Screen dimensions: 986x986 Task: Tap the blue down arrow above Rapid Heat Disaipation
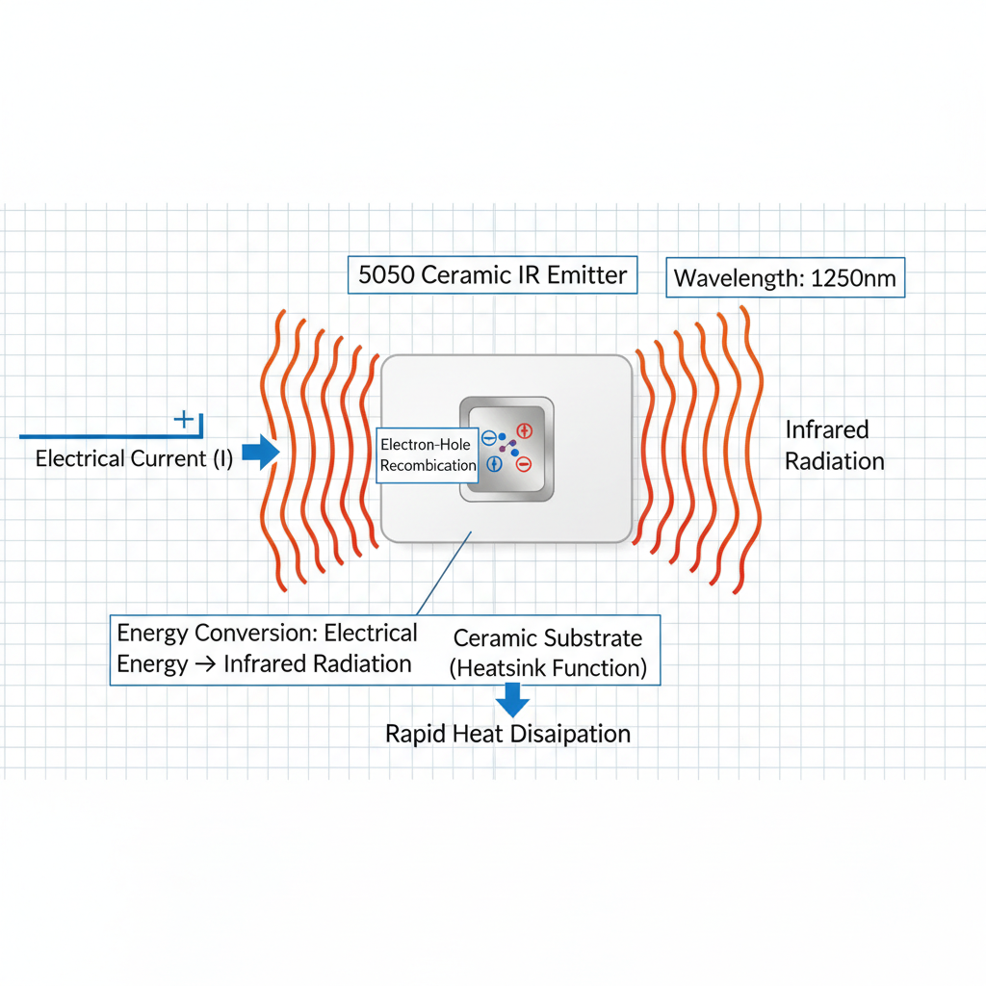(x=511, y=698)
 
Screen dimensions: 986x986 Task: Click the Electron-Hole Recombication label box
(x=428, y=454)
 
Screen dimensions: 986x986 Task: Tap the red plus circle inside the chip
(x=525, y=430)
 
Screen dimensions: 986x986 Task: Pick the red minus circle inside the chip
(x=523, y=464)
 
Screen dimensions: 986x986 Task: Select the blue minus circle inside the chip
(x=488, y=437)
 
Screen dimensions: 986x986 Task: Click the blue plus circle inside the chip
(x=493, y=464)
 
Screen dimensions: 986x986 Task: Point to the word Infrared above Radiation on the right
(x=826, y=429)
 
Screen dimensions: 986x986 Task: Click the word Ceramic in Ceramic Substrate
(x=495, y=638)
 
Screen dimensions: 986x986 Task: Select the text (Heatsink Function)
(x=548, y=667)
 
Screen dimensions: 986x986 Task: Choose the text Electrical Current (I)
(x=134, y=458)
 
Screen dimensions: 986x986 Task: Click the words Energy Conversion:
(x=217, y=634)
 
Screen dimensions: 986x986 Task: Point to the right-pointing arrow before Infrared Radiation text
(x=205, y=664)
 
